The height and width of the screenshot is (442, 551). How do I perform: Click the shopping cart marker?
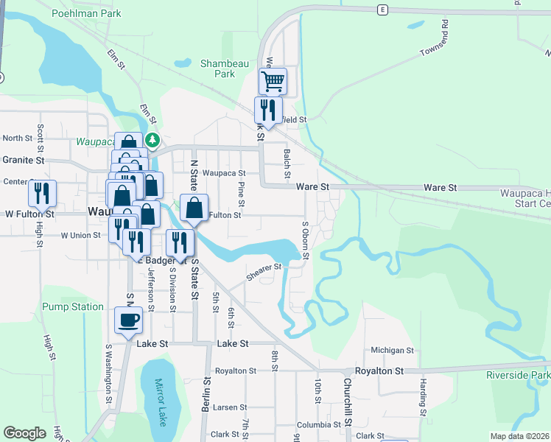(273, 80)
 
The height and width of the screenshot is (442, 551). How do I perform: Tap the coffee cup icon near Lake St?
(129, 320)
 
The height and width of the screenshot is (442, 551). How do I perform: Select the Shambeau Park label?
(217, 69)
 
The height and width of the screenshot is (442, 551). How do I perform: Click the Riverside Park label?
(518, 375)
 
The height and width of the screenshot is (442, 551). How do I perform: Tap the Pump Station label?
(73, 306)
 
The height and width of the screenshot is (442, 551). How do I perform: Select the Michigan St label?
(393, 351)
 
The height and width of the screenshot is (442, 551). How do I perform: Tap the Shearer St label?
(264, 272)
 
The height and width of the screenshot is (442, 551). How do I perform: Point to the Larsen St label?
(230, 407)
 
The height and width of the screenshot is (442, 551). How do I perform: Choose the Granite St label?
(23, 159)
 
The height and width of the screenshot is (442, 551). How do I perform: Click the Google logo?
(24, 433)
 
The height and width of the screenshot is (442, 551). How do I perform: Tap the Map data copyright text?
(519, 436)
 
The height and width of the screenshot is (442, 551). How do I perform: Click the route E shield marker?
(382, 9)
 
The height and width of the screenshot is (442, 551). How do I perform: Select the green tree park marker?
(152, 138)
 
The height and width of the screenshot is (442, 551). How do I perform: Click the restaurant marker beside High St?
(43, 193)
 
